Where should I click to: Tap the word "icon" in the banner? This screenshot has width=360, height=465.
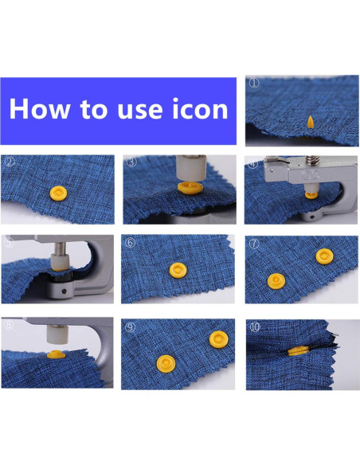[194, 108]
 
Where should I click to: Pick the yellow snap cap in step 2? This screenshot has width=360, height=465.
[57, 193]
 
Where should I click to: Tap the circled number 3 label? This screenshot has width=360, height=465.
[131, 162]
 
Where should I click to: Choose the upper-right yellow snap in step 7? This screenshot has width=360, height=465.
[322, 256]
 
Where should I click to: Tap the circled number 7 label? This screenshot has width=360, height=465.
[254, 243]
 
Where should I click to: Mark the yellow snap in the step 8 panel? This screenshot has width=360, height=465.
[55, 353]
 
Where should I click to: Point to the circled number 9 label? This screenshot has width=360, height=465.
[131, 326]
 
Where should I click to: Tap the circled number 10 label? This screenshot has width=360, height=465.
[254, 326]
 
